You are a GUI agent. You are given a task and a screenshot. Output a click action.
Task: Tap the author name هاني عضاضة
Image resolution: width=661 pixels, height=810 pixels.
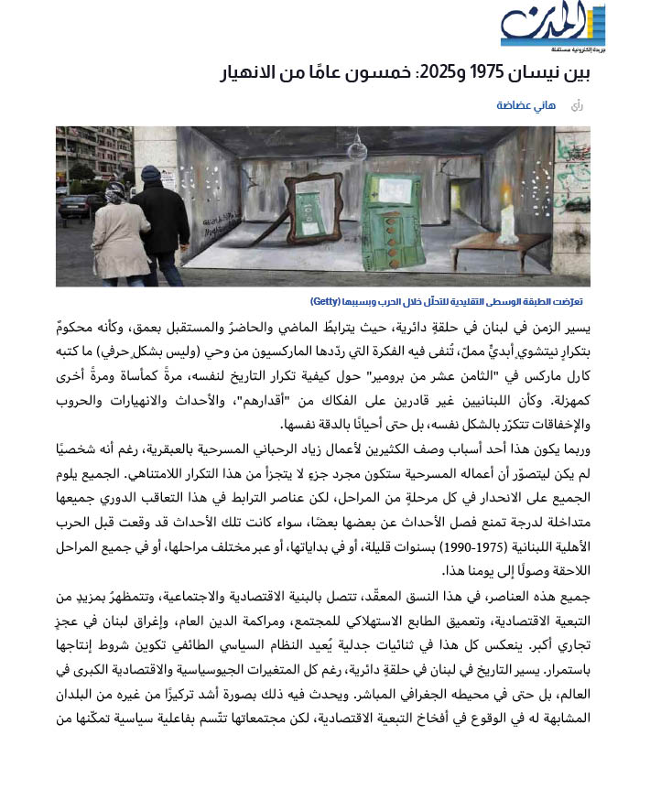click(x=527, y=105)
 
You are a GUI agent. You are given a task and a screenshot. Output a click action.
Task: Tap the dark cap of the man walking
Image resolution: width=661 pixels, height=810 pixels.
click(x=151, y=173)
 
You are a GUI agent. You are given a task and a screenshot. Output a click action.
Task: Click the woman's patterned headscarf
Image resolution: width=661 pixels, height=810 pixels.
click(x=116, y=194)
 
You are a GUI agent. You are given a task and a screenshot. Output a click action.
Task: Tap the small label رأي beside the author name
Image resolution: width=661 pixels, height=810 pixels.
click(x=576, y=105)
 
